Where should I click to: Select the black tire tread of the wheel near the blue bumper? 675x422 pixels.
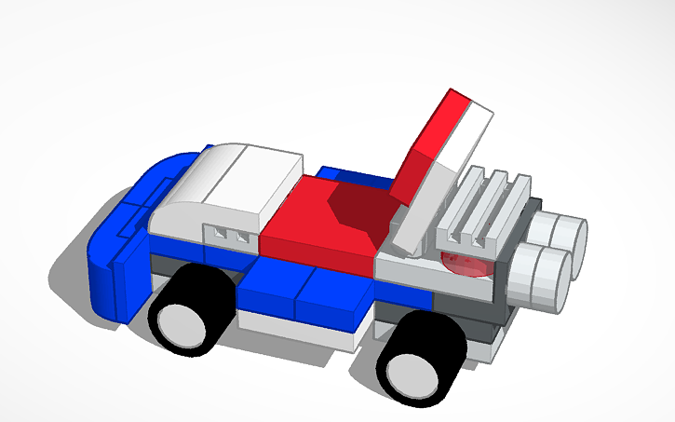(212, 285)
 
